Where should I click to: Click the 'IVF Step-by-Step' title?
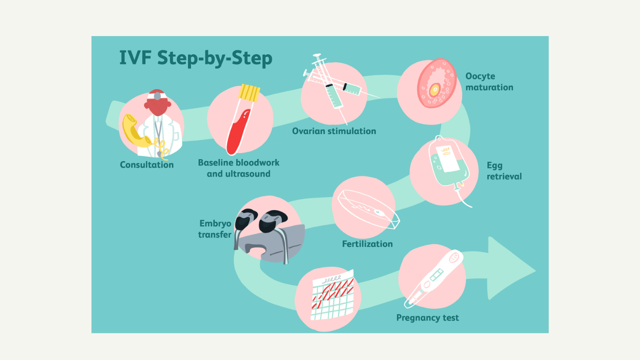[x=196, y=58]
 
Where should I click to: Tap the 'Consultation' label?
[x=147, y=165]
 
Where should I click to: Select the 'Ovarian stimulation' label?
[x=334, y=131]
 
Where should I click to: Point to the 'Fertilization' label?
[x=367, y=244]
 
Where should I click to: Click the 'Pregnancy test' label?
[x=427, y=318]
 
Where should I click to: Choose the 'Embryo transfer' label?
[x=215, y=229]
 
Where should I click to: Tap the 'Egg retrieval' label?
[x=504, y=171]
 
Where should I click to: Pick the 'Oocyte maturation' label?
[x=489, y=82]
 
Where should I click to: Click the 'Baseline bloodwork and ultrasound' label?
[x=238, y=168]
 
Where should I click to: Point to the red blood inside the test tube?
[x=238, y=132]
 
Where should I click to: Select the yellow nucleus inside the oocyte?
[x=435, y=90]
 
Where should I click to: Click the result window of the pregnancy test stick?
[x=436, y=275]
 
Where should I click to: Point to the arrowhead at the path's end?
[x=512, y=268]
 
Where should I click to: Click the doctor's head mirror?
[x=157, y=96]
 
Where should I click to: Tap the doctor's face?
[x=157, y=107]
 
